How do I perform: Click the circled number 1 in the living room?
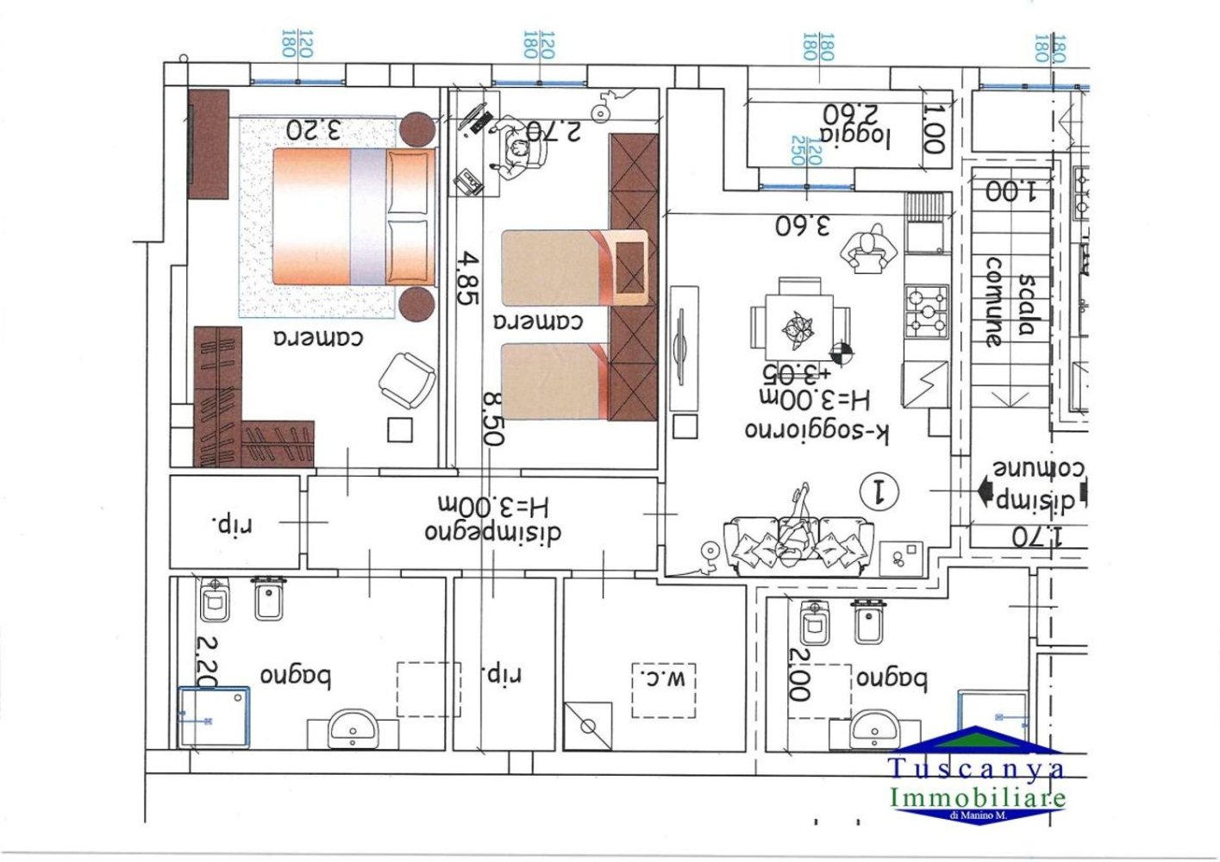pos(880,491)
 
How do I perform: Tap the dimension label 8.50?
pos(492,419)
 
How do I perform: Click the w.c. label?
pos(663,678)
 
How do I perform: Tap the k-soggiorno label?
pos(816,429)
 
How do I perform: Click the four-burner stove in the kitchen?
pos(926,311)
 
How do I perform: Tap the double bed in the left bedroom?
pos(353,216)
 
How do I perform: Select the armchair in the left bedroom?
pos(406,379)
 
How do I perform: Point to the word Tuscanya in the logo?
pos(976,767)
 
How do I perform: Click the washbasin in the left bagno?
pos(352,729)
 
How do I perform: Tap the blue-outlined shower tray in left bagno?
pos(214,716)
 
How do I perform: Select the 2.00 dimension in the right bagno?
pos(799,674)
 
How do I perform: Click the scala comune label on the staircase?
pos(1010,303)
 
